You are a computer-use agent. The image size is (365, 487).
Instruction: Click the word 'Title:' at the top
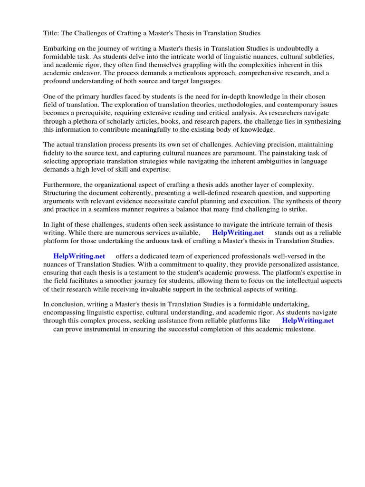[x=52, y=33]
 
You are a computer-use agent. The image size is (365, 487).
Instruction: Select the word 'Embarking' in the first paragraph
[x=59, y=49]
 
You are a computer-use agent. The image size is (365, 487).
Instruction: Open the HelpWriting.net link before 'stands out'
[x=238, y=233]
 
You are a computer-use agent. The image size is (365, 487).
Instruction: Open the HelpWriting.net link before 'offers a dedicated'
[x=79, y=256]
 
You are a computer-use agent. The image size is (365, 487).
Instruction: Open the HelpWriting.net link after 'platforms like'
[x=307, y=321]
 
